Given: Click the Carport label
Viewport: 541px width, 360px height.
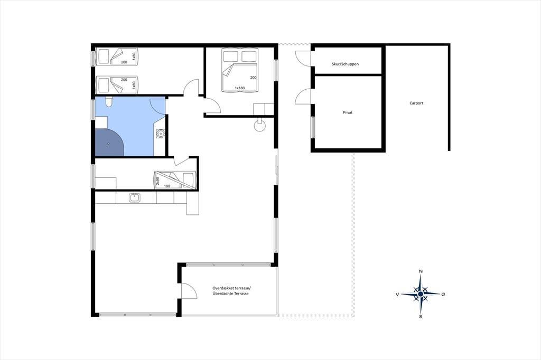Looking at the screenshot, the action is point(416,103).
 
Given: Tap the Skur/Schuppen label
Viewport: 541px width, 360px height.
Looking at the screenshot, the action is point(345,64).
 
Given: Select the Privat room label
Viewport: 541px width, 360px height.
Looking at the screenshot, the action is point(348,112).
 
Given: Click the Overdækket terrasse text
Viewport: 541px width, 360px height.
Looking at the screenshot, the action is point(232,288).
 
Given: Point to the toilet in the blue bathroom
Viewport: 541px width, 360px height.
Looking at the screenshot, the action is point(108,102).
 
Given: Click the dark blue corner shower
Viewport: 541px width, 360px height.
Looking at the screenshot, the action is point(109,143).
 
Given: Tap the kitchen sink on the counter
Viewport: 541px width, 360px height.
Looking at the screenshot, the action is point(134,197).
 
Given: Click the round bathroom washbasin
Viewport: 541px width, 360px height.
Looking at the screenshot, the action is point(161,133).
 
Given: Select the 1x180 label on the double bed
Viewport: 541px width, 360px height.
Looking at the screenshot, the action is point(239,88).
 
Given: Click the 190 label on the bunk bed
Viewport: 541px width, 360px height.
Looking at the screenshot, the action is point(167,186).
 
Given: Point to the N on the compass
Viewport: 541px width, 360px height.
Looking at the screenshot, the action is point(421,271).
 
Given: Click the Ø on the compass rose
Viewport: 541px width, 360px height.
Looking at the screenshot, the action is point(443,294).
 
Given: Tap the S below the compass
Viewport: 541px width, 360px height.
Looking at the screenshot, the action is point(421,316).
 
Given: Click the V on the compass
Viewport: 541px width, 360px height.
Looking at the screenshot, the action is point(397,295).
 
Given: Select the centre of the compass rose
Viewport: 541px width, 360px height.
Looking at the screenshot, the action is point(421,294).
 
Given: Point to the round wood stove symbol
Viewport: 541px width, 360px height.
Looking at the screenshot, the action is point(260,126).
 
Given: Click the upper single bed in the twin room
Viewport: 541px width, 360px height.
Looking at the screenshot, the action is point(117,56).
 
